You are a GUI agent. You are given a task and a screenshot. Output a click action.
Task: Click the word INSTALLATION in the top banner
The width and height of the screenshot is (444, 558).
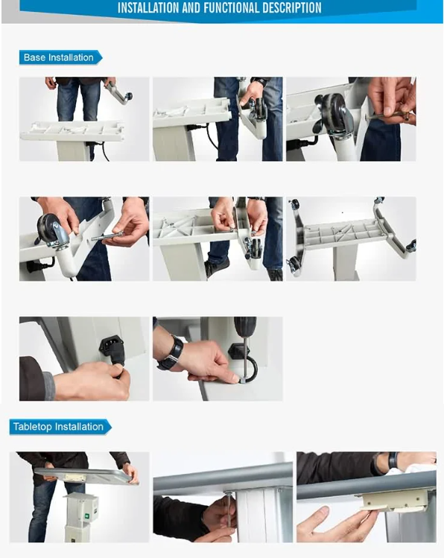coord(148,8)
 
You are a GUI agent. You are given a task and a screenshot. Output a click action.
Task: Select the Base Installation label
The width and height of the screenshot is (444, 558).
coord(59,57)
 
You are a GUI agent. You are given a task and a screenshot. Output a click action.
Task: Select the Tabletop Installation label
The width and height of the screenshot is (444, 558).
coord(58,427)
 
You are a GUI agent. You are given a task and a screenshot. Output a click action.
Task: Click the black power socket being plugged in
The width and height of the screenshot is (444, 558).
coord(111,346)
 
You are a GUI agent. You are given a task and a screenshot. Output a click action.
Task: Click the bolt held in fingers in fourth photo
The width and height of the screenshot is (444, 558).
coord(107,235)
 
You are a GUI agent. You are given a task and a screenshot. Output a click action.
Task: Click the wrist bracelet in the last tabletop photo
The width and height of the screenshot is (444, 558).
coord(393,460)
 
